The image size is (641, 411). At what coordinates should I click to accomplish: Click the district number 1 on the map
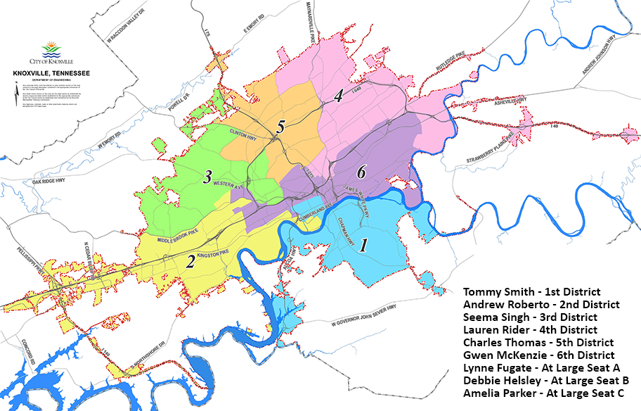click(x=363, y=245)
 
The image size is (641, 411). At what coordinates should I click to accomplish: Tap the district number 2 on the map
click(x=190, y=262)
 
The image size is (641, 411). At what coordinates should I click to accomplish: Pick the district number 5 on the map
click(x=280, y=127)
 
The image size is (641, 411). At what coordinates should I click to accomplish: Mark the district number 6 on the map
click(x=361, y=170)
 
